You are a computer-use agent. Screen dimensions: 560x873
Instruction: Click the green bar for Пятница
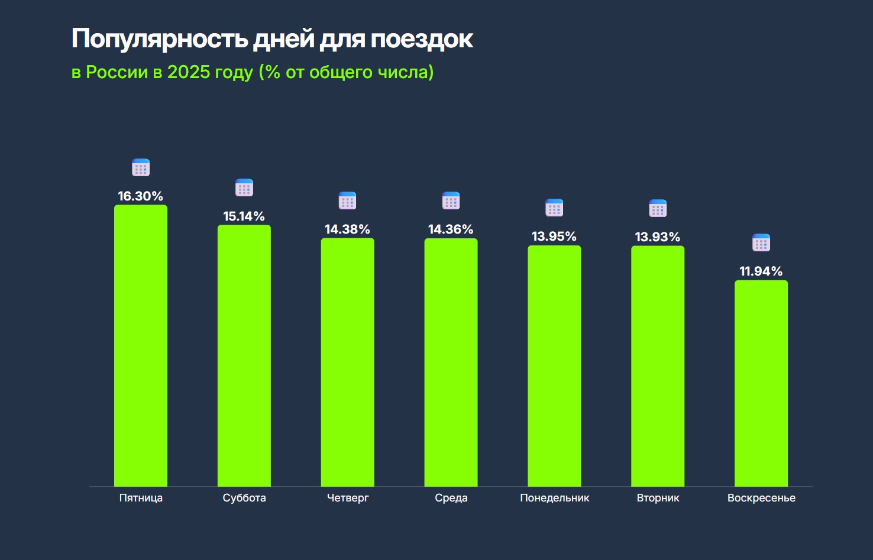coord(141,346)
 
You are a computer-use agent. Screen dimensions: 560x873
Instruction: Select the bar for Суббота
coord(244,355)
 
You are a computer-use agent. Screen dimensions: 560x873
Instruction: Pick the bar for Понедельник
coord(554,366)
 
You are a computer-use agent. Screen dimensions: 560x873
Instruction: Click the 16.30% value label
coord(141,196)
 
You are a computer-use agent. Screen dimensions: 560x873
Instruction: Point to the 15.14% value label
coord(244,216)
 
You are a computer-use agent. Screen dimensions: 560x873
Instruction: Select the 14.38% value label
coord(348,229)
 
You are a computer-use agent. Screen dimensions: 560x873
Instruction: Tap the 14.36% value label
coord(451,229)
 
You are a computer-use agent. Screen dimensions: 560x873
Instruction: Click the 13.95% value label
coord(554,237)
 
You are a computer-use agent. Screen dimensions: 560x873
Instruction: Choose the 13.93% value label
coord(658,237)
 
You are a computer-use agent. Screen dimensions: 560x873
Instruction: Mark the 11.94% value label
coord(761,271)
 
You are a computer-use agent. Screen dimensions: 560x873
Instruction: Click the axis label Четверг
coord(348,498)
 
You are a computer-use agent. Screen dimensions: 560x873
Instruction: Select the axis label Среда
coord(451,498)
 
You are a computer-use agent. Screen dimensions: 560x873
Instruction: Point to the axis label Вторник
coord(658,498)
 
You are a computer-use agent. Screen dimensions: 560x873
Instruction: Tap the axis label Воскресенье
coord(761,498)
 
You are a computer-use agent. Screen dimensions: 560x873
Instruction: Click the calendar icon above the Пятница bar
coord(141,168)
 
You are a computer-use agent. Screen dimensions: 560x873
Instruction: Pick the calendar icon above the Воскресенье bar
coord(761,243)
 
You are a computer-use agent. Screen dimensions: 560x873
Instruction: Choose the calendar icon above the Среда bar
coord(451,201)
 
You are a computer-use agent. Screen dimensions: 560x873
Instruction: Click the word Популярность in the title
coord(160,39)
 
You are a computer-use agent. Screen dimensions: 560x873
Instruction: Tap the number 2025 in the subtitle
coord(189,72)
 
